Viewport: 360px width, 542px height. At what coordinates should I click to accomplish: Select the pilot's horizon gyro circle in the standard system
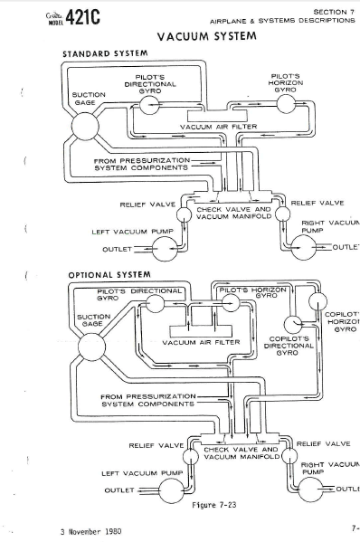click(284, 105)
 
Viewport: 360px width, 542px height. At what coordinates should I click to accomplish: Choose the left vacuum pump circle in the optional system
click(168, 490)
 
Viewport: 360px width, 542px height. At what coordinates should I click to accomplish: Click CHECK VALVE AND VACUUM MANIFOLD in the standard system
click(233, 213)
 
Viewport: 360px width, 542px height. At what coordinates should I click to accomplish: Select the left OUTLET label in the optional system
click(119, 490)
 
